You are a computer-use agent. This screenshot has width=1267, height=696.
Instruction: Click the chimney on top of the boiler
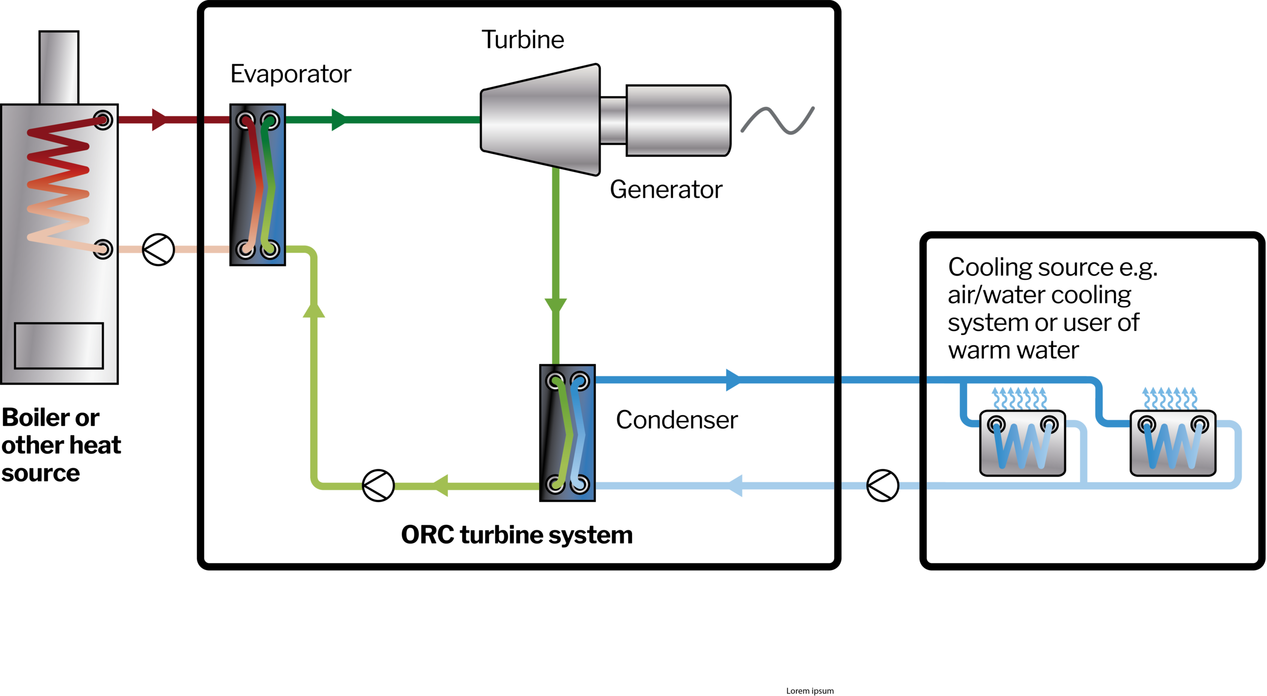click(59, 68)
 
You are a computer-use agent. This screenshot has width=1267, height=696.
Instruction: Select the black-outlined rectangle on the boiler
click(59, 346)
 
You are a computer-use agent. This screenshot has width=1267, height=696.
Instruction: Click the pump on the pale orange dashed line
click(158, 249)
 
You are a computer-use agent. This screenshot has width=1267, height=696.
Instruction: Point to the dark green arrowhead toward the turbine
click(339, 120)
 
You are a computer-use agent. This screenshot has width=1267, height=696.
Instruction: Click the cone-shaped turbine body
click(540, 120)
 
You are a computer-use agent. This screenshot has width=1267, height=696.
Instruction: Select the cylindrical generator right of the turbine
click(678, 120)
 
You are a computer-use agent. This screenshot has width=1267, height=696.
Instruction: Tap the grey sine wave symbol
click(778, 120)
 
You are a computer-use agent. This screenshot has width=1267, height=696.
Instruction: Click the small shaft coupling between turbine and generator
click(614, 120)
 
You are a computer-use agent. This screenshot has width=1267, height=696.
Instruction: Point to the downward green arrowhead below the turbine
click(556, 305)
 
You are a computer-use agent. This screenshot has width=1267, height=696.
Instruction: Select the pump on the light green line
click(378, 485)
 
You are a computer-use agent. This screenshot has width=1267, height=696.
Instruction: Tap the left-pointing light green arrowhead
click(440, 485)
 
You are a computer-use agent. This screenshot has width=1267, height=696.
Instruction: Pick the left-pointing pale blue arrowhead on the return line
click(735, 485)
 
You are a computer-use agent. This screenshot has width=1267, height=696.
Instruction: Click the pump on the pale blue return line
click(882, 485)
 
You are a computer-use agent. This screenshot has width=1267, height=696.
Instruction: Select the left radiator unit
click(1023, 443)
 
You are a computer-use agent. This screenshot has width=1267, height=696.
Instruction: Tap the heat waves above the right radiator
click(1170, 398)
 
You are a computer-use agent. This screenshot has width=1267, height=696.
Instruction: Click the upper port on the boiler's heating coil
click(103, 120)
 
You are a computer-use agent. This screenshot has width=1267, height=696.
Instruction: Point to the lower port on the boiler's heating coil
click(103, 249)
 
